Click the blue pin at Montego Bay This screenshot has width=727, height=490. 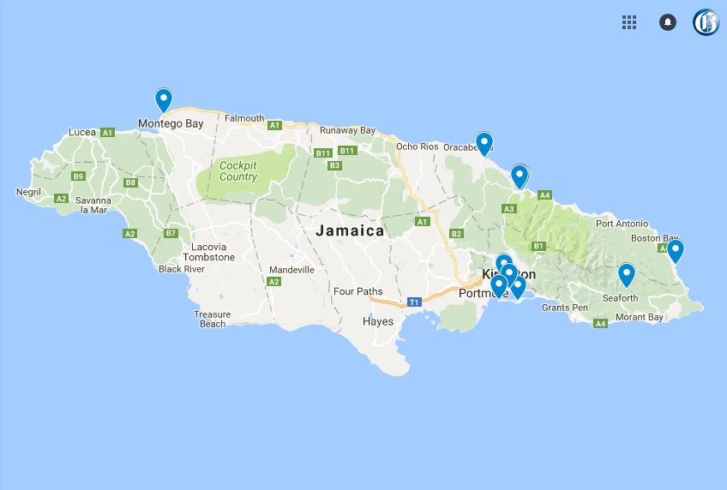click(x=163, y=99)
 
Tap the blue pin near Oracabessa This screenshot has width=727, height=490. click(x=484, y=143)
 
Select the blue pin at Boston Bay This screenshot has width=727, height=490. click(x=676, y=250)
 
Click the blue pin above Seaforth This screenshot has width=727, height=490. click(x=627, y=274)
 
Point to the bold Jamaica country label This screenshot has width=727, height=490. click(x=350, y=230)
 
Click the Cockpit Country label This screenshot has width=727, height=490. click(x=237, y=171)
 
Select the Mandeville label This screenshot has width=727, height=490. click(x=291, y=269)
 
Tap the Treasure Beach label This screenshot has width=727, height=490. click(x=213, y=320)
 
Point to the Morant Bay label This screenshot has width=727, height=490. click(x=640, y=317)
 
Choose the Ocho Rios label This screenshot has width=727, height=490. click(x=418, y=146)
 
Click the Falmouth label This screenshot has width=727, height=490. click(x=244, y=118)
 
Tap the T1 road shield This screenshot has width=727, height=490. click(x=414, y=302)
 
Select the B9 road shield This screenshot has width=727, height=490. click(x=78, y=176)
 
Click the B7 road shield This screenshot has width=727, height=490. click(x=171, y=233)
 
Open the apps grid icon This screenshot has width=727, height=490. click(x=629, y=22)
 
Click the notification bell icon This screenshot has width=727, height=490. click(x=668, y=22)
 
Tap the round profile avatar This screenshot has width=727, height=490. click(x=706, y=22)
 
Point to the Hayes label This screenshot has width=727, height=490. click(x=378, y=321)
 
